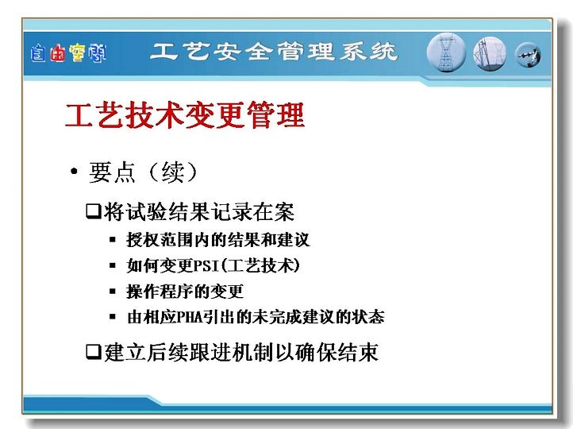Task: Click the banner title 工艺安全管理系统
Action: point(274,52)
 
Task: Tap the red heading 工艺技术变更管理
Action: point(185,115)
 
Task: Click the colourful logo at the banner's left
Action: point(68,53)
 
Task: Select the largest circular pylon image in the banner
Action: point(446,52)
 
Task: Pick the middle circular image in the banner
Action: point(490,53)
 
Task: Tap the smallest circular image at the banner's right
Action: point(528,56)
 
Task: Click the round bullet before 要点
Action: point(74,171)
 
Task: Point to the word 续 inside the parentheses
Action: point(173,172)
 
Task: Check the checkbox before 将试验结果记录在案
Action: point(94,211)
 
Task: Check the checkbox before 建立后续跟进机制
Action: point(94,351)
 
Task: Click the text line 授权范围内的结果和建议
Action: point(218,240)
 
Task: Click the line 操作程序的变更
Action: point(185,292)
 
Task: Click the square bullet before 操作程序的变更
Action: point(113,292)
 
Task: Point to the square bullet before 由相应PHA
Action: point(113,317)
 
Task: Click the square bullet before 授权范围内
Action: point(113,240)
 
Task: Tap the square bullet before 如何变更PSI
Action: point(113,265)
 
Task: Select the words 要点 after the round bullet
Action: point(112,172)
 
